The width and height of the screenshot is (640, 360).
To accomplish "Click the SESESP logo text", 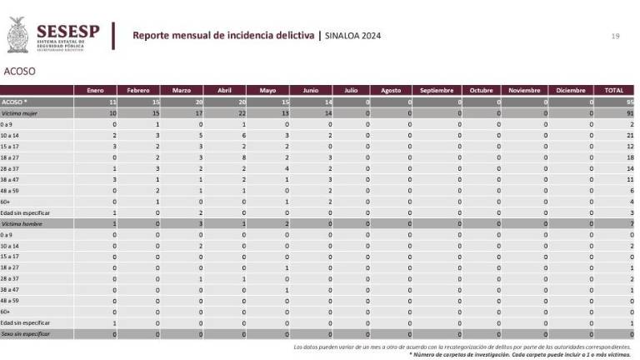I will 67,32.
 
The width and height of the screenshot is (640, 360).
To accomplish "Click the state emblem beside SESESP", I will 17,35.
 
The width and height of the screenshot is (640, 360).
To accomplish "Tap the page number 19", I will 615,36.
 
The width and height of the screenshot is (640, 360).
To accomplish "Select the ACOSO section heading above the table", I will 20,72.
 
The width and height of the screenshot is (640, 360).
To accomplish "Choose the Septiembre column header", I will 436,90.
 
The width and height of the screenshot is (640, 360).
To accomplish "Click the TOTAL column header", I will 613,90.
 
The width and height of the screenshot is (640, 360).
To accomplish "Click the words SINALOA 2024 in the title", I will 353,36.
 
